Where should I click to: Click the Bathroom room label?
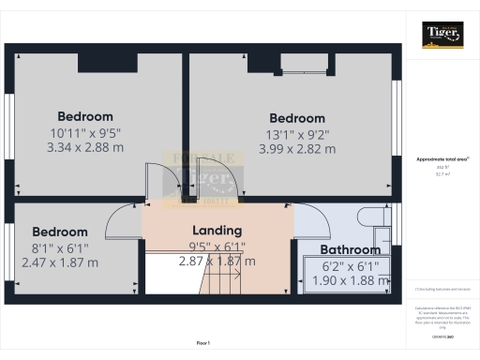point(351,250)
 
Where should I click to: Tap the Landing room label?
point(217,230)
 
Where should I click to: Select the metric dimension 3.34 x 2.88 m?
point(85,147)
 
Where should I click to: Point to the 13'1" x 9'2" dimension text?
point(296,134)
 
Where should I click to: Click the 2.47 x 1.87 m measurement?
point(60,262)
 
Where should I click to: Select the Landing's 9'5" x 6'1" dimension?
point(217,247)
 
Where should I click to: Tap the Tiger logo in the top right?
point(442,35)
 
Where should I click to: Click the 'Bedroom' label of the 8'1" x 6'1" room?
point(60,232)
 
